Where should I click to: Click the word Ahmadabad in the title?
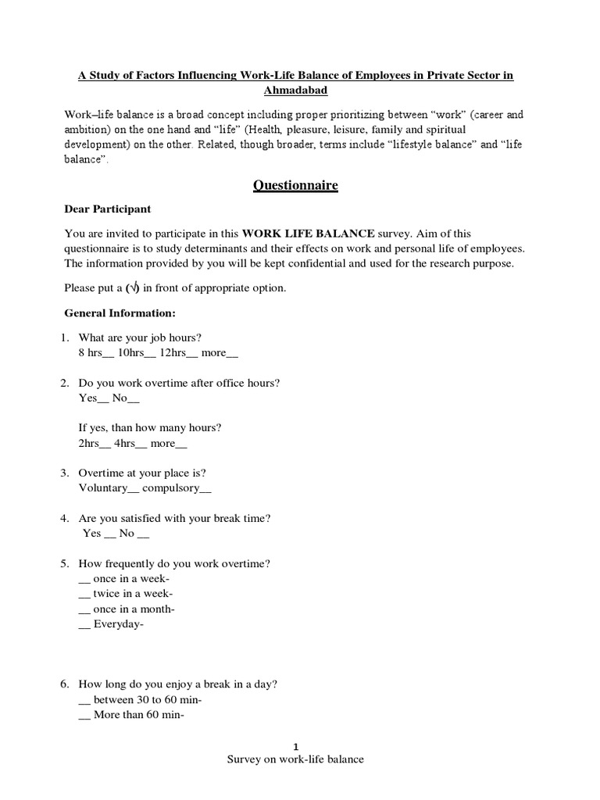pyautogui.click(x=295, y=90)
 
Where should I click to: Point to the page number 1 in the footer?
pyautogui.click(x=295, y=746)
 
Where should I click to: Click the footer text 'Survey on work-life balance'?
pyautogui.click(x=295, y=759)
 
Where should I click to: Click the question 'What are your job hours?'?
pyautogui.click(x=141, y=337)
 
